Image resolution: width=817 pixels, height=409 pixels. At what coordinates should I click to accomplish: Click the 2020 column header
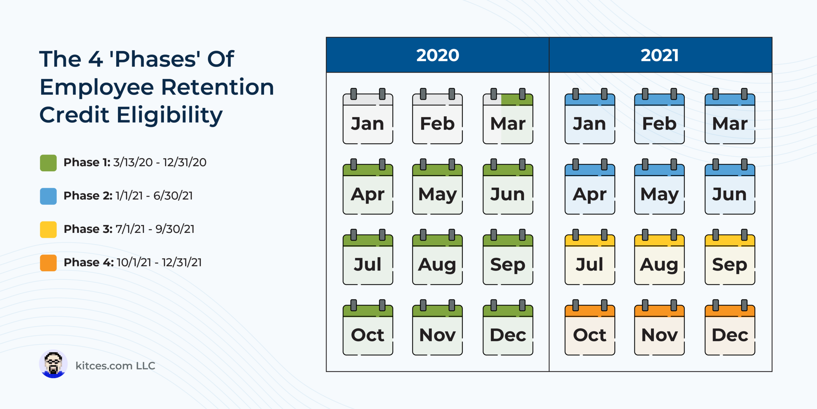[x=438, y=55]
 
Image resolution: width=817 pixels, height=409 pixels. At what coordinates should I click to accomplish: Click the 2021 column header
[x=660, y=55]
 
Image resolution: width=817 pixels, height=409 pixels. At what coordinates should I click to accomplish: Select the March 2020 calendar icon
[x=508, y=116]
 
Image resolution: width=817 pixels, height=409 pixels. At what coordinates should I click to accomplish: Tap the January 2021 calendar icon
[x=590, y=116]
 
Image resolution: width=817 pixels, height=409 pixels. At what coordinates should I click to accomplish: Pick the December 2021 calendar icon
[x=730, y=327]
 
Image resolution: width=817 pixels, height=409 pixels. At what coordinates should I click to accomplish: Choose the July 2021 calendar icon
[x=590, y=257]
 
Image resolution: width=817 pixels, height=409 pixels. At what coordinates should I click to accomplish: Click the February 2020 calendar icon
[x=437, y=116]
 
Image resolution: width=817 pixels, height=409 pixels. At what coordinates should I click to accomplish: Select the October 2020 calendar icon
[x=368, y=327]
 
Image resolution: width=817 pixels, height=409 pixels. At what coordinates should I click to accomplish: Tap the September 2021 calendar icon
[x=730, y=257]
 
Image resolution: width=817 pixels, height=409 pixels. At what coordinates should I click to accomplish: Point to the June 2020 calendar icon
[x=508, y=186]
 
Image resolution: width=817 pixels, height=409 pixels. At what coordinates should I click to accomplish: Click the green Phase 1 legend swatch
[x=48, y=163]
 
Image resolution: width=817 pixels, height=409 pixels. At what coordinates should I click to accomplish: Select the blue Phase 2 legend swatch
[x=48, y=196]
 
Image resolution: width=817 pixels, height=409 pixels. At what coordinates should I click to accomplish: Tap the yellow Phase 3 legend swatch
[x=48, y=229]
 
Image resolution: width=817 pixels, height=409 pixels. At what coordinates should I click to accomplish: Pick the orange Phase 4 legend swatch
[x=48, y=263]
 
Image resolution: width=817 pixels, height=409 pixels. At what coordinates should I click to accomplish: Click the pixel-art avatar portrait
[x=53, y=364]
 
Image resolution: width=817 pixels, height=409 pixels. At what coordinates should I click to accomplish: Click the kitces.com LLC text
[x=115, y=366]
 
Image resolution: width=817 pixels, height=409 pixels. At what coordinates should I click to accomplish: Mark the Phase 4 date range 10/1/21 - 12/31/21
[x=159, y=262]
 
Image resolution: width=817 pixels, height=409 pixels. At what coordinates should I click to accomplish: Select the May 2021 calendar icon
[x=659, y=186]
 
